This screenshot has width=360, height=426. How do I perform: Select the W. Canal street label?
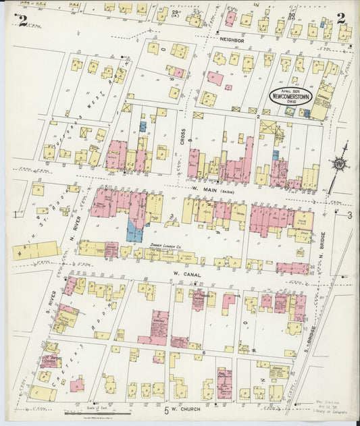[184, 273]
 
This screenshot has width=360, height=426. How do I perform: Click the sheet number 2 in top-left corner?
[23, 20]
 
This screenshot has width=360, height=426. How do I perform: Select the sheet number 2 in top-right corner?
[341, 19]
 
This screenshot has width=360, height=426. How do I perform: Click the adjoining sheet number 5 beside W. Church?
[165, 410]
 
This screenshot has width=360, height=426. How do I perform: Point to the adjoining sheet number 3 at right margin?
[350, 215]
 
